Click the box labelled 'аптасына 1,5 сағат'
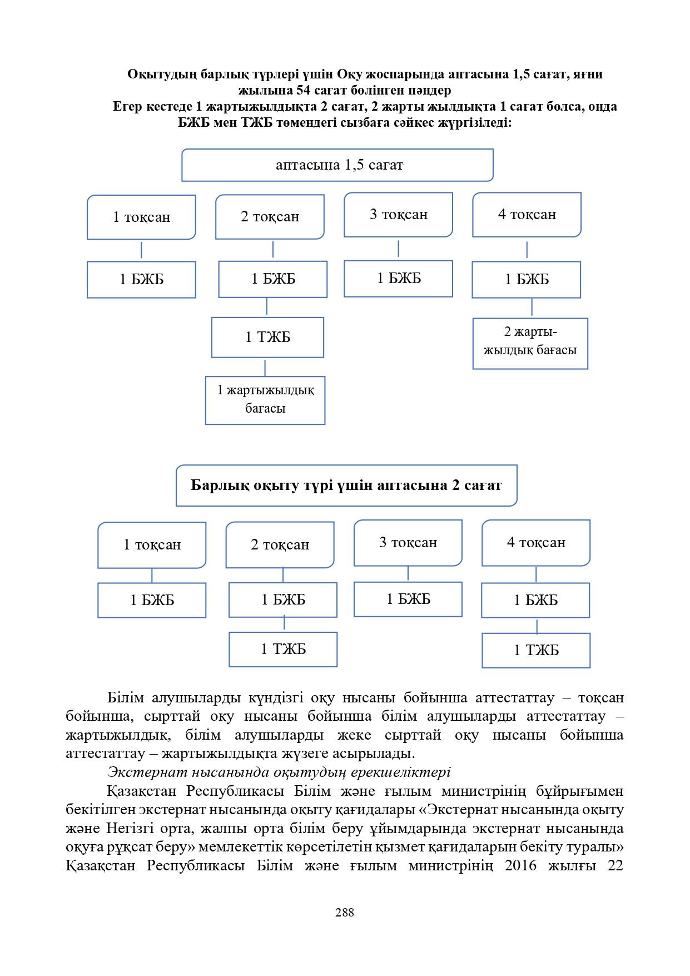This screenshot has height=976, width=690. coord(337,165)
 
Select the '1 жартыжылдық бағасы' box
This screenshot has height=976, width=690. coord(265,400)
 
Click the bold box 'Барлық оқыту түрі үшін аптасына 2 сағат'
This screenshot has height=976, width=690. coord(346,485)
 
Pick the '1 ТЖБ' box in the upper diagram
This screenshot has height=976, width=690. coord(267,337)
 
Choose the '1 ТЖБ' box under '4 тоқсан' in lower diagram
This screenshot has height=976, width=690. coord(535,650)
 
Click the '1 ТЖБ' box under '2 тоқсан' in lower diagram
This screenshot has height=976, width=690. coord(283,649)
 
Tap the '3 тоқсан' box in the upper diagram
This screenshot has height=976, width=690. coord(398,215)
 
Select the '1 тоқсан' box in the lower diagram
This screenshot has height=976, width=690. coord(152,544)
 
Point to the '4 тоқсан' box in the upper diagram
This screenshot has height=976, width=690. coord(527,215)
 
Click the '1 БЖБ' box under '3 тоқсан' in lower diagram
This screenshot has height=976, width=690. coord(408,599)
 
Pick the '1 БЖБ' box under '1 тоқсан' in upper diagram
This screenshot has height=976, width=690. coord(141,279)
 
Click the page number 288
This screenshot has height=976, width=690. coord(345,913)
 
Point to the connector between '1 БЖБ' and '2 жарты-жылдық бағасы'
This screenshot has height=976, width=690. coord(532,308)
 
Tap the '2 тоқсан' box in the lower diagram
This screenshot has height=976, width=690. coord(280,544)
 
